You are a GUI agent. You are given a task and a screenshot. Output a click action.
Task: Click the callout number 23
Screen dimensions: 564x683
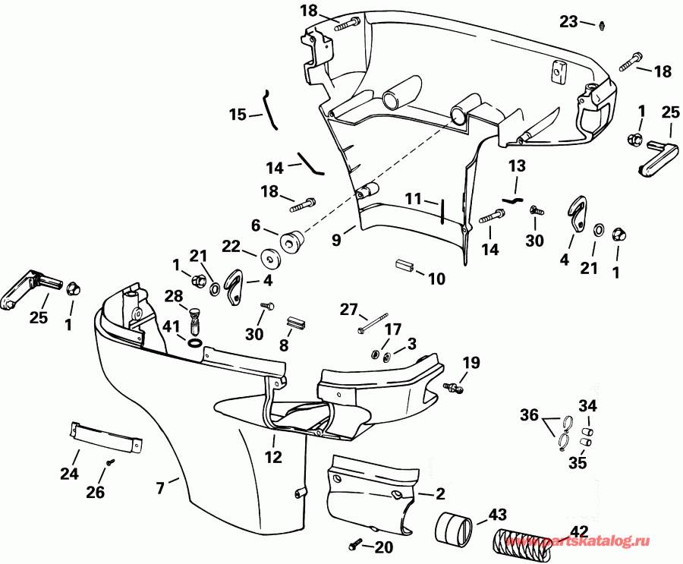(568, 22)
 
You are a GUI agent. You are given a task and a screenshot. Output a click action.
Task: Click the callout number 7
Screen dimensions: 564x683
(160, 488)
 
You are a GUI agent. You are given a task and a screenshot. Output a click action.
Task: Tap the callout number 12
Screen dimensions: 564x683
(273, 458)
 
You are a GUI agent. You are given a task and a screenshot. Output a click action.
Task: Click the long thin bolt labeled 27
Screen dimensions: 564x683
(371, 322)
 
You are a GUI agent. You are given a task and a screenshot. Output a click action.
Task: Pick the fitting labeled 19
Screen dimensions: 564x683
(455, 387)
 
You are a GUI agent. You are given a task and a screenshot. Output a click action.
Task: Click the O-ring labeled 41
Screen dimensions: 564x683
(194, 345)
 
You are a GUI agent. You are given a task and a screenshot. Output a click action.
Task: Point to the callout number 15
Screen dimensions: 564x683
(238, 115)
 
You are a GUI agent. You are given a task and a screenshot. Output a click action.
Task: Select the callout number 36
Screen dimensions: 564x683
(529, 415)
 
